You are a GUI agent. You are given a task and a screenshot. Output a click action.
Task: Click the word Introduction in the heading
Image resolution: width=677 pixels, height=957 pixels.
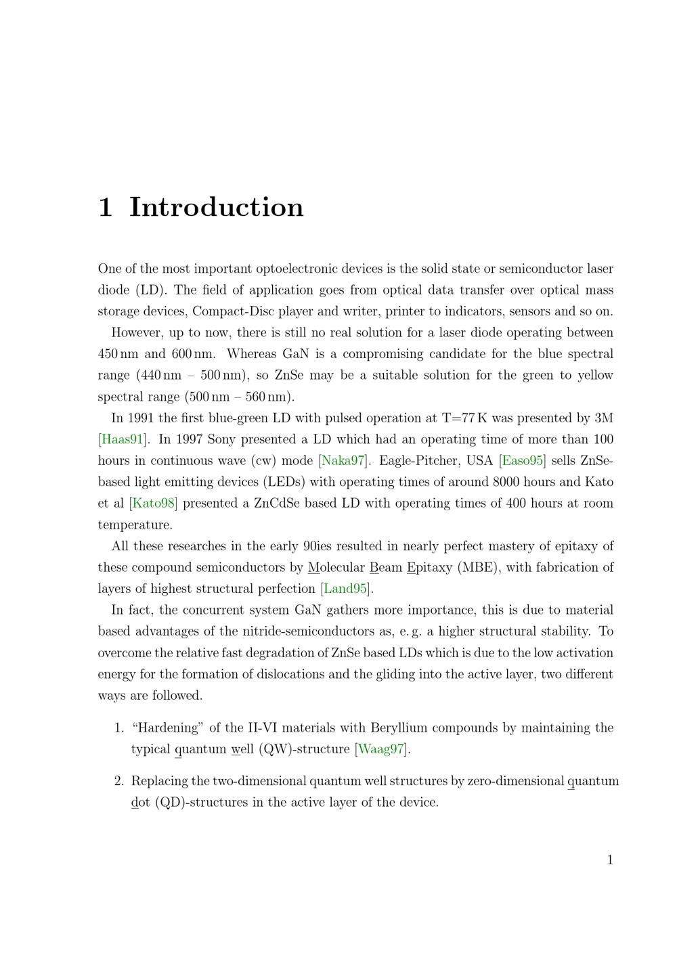[x=216, y=207]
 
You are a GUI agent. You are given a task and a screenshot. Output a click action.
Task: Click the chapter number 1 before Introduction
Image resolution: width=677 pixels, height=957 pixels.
[x=105, y=207]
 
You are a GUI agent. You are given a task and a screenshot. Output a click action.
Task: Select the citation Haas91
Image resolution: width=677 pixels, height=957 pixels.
[x=123, y=439]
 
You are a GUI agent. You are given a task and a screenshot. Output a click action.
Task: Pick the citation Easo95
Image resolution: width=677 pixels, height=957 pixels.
[x=522, y=461]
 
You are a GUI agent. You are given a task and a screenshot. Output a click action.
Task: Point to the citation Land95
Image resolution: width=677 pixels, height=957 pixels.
[x=345, y=589]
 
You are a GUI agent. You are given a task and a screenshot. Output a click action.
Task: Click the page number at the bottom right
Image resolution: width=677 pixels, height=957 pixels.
[x=610, y=860]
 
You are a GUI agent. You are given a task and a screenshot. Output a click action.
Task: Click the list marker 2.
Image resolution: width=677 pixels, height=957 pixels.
[x=118, y=781]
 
